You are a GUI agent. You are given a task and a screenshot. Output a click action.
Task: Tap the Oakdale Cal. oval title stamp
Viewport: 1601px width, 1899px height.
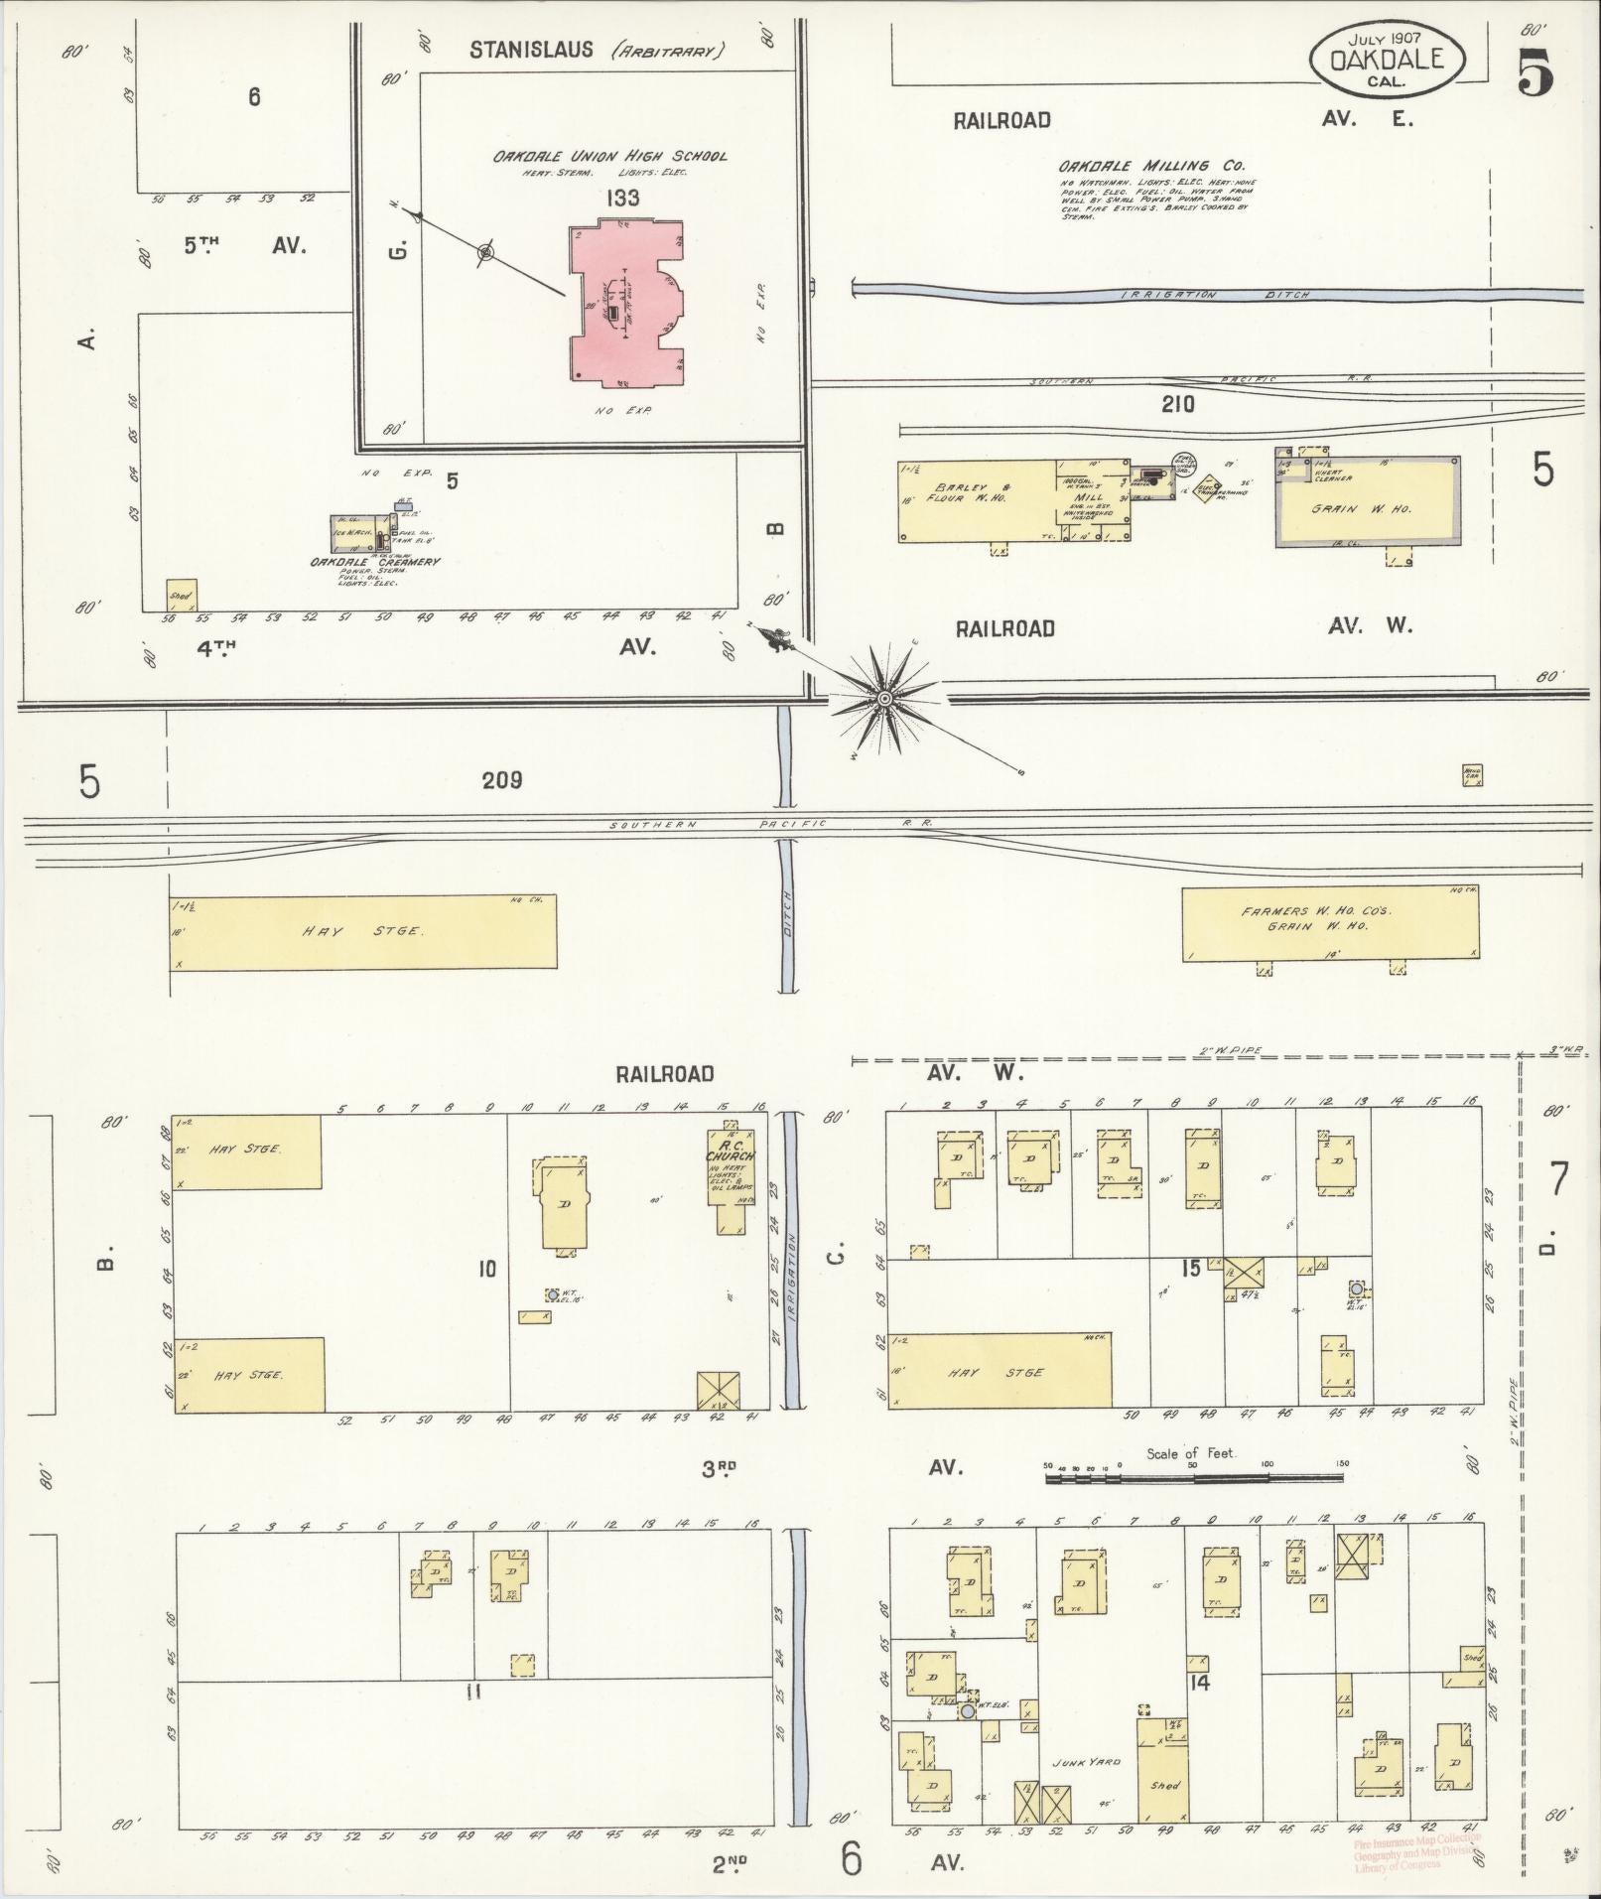coord(1386,60)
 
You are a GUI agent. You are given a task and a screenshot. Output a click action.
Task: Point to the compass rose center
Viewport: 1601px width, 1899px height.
coord(883,698)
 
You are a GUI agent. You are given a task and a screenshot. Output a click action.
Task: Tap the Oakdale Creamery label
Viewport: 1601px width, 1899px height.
coord(374,562)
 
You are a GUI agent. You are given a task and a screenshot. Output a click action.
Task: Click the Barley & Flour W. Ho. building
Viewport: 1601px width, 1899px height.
coord(978,501)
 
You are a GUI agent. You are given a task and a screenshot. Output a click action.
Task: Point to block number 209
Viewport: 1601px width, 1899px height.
coord(501,780)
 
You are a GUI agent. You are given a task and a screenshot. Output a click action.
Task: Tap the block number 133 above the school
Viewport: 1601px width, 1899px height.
coord(625,198)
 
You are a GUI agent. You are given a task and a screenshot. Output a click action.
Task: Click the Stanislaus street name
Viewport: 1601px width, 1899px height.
coord(532,49)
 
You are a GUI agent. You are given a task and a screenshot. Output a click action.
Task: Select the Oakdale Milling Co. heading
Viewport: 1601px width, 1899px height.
coord(1150,166)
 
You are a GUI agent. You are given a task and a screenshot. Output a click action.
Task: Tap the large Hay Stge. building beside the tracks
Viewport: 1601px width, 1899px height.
coord(362,931)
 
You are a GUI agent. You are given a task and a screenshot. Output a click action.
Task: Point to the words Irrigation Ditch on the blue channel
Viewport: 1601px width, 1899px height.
coord(1216,295)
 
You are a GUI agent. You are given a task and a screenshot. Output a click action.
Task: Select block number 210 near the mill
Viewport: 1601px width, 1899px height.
coord(1177,404)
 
